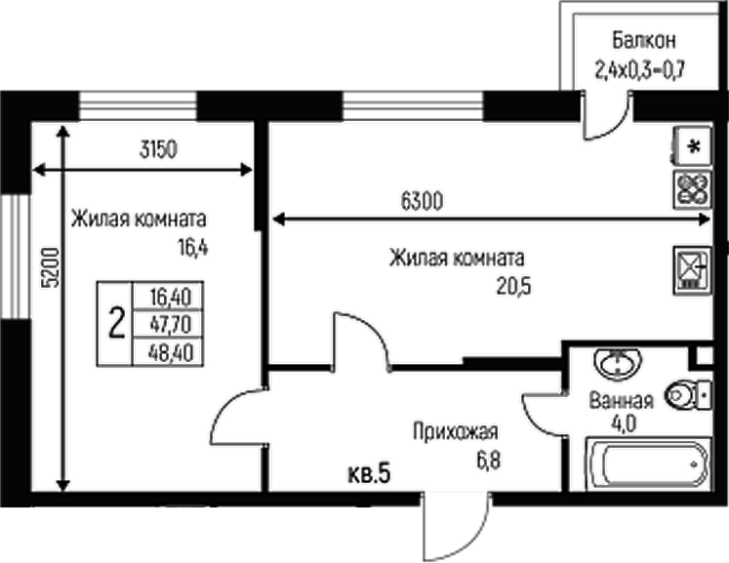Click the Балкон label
pos(644,42)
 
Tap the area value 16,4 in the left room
pos(193,247)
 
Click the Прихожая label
pos(456,432)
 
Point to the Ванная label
pos(620,400)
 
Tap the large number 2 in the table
pos(115,322)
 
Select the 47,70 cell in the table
pos(170,322)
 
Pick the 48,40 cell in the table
pos(170,349)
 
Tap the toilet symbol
pos(689,394)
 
